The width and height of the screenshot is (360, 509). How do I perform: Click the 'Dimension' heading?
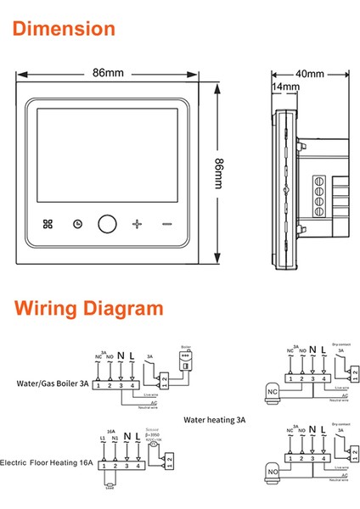(65, 29)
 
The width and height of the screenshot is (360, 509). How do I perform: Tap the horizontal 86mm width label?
(108, 74)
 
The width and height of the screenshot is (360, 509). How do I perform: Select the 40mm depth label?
(309, 74)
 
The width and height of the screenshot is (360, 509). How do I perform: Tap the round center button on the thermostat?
(107, 224)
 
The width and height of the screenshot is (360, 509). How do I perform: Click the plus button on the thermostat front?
(138, 224)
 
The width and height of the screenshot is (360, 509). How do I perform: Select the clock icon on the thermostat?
(77, 224)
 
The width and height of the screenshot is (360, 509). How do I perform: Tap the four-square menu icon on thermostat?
(46, 224)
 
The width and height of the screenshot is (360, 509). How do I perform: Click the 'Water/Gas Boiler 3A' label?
(53, 383)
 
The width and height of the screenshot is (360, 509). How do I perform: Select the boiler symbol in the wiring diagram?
(186, 362)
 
